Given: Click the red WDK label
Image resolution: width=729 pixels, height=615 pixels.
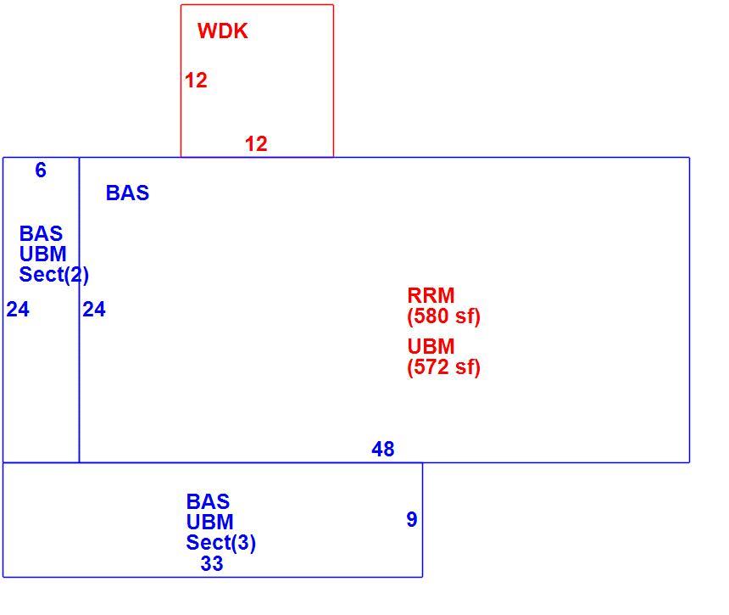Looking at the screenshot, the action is tap(223, 31).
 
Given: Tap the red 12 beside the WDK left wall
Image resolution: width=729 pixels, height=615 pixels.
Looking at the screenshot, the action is tap(196, 81).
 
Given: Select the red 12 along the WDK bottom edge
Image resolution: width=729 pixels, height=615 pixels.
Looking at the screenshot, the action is tap(256, 143).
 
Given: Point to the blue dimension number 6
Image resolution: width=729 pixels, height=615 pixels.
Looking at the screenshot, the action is tap(41, 171).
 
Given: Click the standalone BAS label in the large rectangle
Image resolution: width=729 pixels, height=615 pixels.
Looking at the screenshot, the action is tap(127, 193).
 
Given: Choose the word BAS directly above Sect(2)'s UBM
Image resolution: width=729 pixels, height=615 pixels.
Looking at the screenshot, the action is tap(41, 233).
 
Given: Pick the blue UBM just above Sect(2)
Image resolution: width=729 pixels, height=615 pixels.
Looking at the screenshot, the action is tap(42, 254).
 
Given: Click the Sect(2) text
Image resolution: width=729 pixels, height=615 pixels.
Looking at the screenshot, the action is tap(54, 275).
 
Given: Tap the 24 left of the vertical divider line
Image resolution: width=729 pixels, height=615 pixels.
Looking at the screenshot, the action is tap(18, 310).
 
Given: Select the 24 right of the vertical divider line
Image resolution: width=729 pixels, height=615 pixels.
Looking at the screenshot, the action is tap(94, 310).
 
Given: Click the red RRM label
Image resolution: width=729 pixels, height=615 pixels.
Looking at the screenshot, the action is tap(431, 295).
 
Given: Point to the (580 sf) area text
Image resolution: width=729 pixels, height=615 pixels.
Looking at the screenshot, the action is tap(443, 316).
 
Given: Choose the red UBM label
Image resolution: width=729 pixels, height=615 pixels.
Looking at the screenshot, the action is tap(431, 347).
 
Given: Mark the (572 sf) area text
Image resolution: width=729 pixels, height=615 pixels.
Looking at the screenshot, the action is tap(443, 367).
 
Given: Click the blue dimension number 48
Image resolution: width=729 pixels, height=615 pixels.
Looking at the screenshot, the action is tap(383, 450).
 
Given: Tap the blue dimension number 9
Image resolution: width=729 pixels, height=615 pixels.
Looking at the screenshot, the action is tap(412, 520).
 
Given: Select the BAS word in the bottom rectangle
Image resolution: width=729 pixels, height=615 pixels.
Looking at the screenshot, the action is tap(208, 501).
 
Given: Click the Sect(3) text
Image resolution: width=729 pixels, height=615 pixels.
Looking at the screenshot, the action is tap(221, 543).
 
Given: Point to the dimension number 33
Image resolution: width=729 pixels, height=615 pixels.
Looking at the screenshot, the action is tap(212, 564).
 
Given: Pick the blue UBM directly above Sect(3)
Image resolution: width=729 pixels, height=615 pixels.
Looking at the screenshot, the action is tap(209, 522).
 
